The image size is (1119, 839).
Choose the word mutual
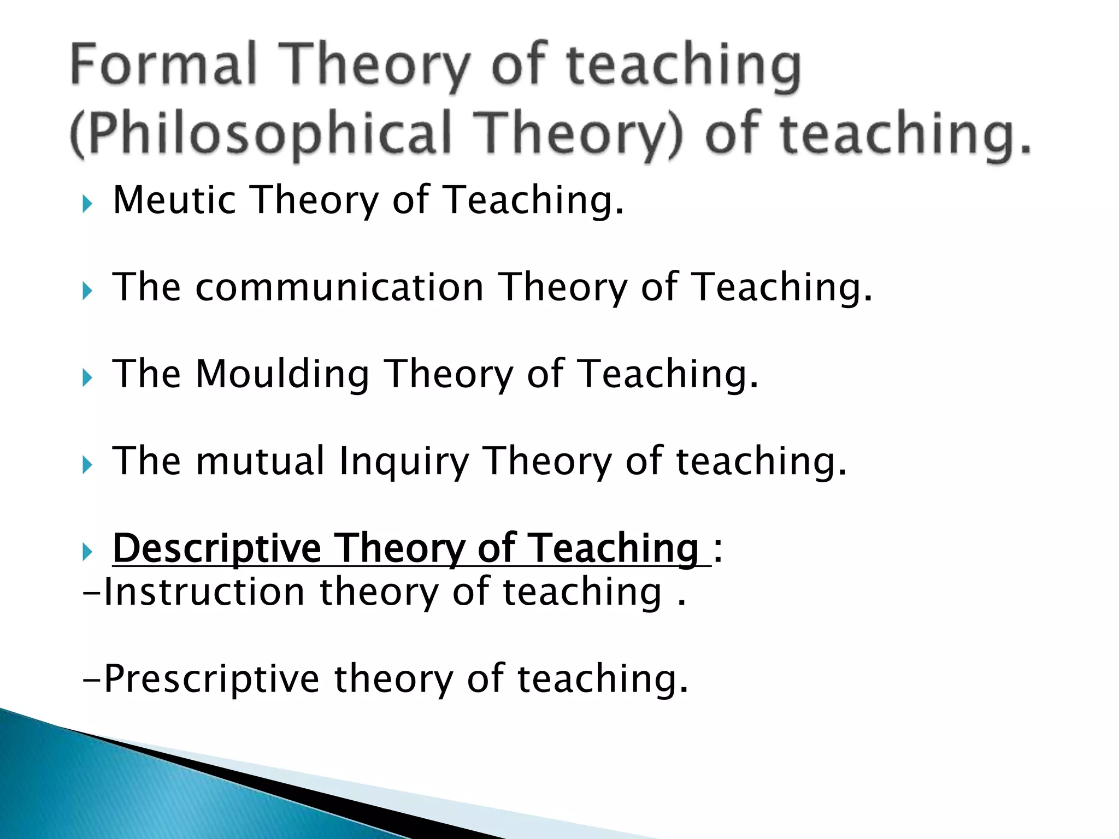pyautogui.click(x=261, y=461)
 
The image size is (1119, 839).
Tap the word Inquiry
pyautogui.click(x=404, y=462)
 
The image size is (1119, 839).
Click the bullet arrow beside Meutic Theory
pyautogui.click(x=87, y=204)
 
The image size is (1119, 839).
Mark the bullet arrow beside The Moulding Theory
pyautogui.click(x=87, y=378)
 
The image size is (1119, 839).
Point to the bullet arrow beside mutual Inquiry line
pyautogui.click(x=87, y=465)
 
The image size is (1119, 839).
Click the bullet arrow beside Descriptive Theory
pyautogui.click(x=87, y=552)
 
